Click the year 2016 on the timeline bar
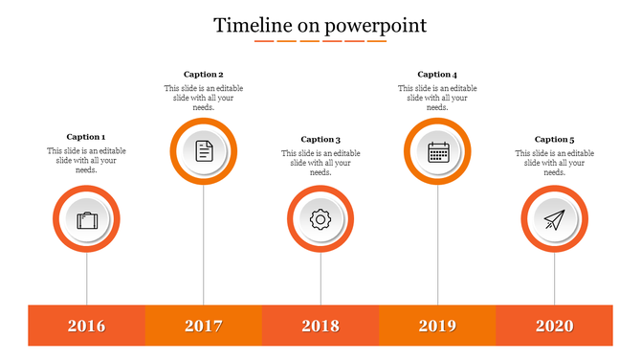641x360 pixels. tap(87, 326)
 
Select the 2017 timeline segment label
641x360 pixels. tap(204, 326)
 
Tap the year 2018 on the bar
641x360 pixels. tap(320, 326)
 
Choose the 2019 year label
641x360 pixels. tap(438, 326)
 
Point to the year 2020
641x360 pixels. tap(555, 326)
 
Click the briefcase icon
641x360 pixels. tap(87, 220)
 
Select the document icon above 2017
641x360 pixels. tap(204, 150)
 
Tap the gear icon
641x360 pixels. tap(320, 220)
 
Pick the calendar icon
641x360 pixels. tap(438, 150)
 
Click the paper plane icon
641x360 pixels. tap(555, 220)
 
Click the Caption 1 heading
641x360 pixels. tap(86, 137)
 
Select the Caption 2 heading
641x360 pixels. tap(204, 74)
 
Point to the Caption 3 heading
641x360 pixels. tap(320, 140)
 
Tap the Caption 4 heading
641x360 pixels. tap(438, 74)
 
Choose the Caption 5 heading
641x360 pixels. tap(555, 140)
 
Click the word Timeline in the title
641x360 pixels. tap(253, 25)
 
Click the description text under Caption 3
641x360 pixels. tap(320, 163)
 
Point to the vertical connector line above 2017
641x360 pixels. tap(204, 244)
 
